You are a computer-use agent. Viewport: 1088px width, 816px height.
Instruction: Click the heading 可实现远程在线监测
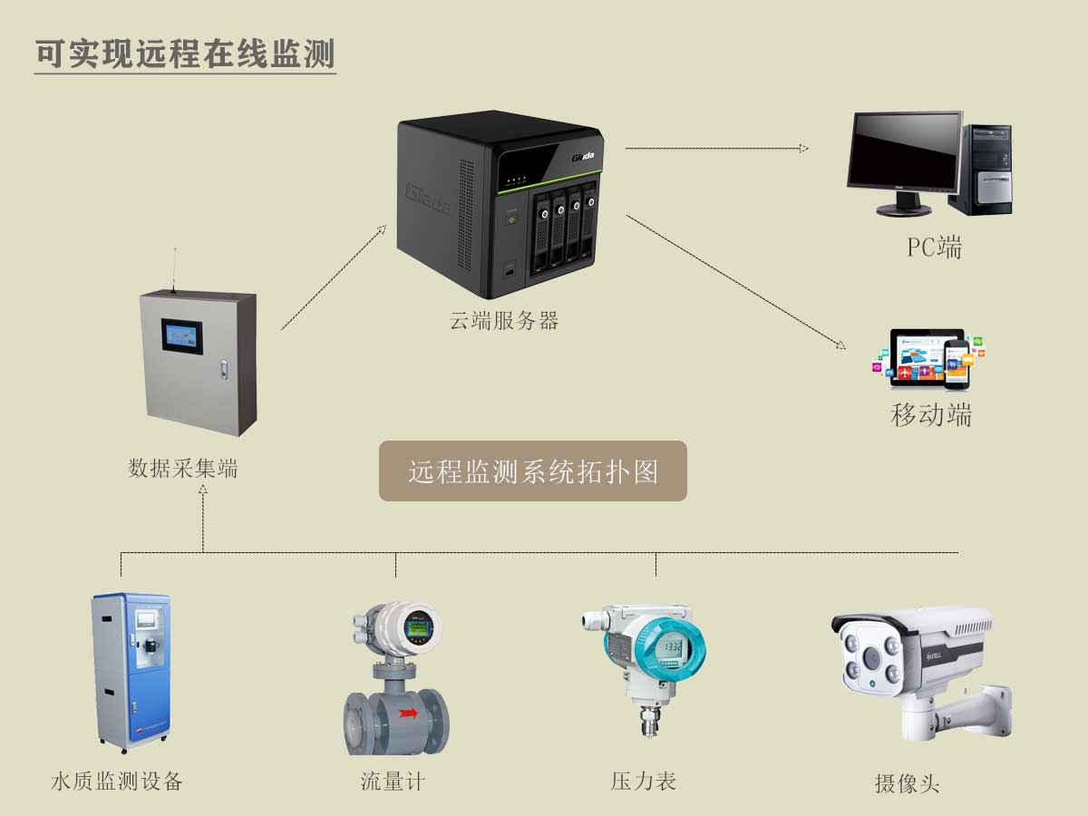(185, 53)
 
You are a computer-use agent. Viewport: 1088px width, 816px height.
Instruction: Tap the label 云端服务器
(503, 321)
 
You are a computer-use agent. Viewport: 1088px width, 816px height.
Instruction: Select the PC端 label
(935, 248)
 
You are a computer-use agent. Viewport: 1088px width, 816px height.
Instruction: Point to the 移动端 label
(931, 414)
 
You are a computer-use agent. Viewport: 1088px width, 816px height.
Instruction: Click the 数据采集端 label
(183, 468)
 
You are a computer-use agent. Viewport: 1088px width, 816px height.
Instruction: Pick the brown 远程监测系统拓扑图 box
(533, 471)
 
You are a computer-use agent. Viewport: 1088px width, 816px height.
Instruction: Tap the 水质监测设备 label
(117, 782)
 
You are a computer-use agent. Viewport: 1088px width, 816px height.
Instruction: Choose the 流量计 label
(393, 782)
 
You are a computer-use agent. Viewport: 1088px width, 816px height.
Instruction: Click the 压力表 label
(644, 782)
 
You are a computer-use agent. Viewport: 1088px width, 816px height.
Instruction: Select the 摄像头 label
(907, 783)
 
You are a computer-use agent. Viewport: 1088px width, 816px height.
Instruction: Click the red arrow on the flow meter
(408, 713)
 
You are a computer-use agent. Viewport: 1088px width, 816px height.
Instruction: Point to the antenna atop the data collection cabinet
(174, 270)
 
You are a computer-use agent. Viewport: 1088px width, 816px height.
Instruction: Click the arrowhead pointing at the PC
(803, 148)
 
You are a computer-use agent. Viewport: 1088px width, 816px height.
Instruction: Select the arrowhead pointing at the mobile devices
(841, 345)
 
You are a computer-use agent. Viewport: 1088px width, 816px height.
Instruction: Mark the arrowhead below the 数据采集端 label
(203, 489)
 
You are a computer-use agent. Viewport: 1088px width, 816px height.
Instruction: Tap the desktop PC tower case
(981, 170)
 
